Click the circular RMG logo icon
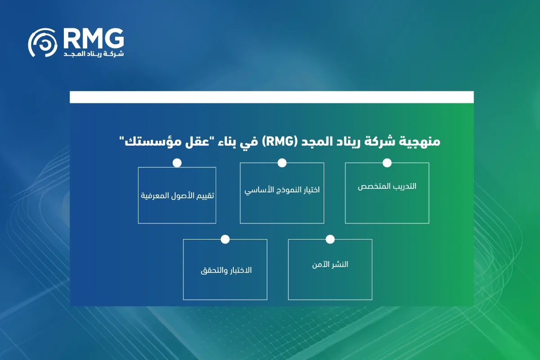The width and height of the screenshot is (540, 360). (43, 43)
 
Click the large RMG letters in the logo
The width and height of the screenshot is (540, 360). (94, 38)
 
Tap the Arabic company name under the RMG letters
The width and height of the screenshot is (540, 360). (94, 53)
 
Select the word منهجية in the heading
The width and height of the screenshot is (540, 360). (420, 142)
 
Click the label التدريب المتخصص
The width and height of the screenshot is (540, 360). (387, 187)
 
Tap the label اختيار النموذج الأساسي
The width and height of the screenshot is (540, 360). (282, 190)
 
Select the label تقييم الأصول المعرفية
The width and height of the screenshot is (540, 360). (177, 196)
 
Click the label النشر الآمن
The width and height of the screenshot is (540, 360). (330, 264)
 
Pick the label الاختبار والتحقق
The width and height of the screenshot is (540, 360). (226, 271)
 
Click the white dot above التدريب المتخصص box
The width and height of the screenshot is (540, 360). (387, 163)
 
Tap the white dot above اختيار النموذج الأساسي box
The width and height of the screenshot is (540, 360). (282, 163)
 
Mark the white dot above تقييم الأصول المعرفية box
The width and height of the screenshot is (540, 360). (177, 163)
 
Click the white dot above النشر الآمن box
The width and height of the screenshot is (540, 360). (330, 239)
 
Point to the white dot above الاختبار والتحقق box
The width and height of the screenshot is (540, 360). (225, 239)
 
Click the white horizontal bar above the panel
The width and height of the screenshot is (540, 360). (272, 97)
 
